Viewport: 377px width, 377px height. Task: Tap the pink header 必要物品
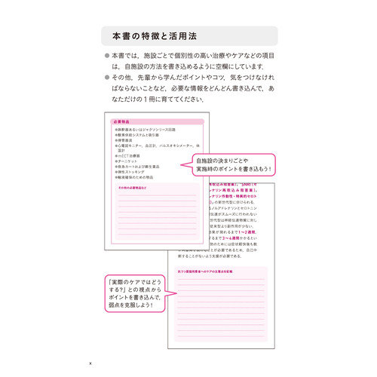[121, 121]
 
